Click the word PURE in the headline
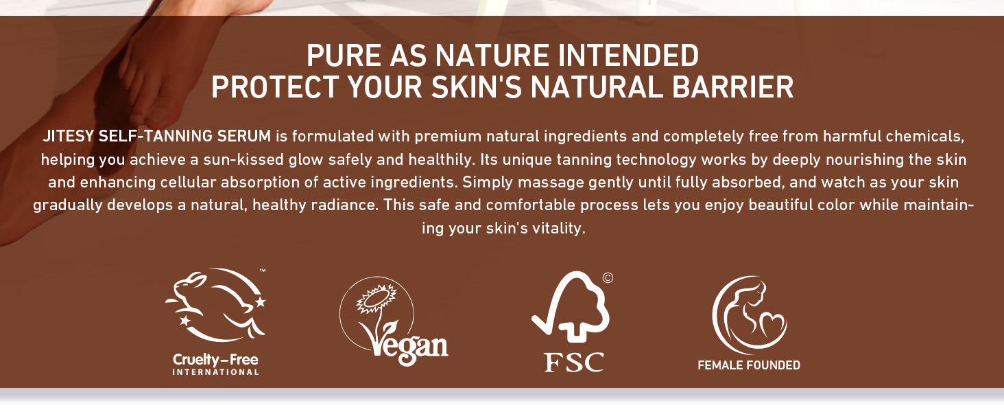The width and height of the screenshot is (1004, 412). [344, 55]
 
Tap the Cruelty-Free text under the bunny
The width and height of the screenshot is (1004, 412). [215, 360]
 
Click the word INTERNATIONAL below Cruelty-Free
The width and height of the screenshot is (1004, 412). [215, 372]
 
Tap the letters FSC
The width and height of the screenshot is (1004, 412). [574, 362]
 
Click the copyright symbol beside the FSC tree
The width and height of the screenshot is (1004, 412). [608, 278]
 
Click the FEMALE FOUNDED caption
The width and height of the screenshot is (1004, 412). [749, 365]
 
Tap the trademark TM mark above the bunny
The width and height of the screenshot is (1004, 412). [263, 271]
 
